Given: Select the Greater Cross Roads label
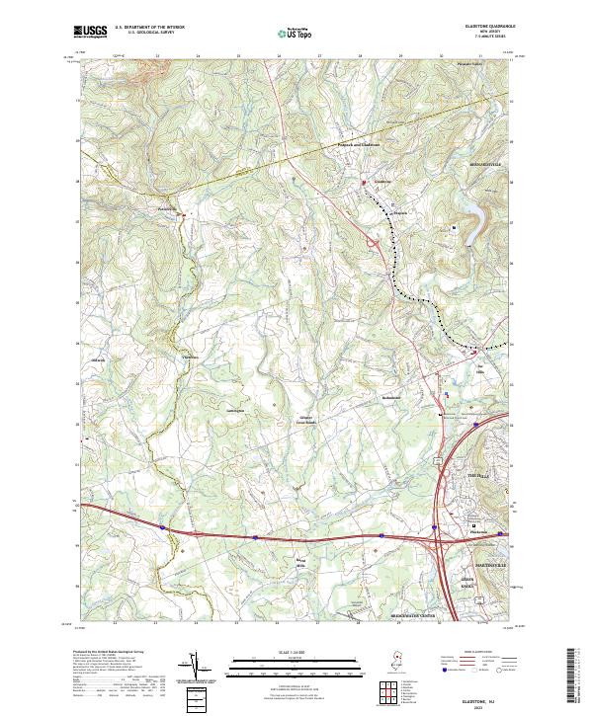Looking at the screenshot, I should [306, 419].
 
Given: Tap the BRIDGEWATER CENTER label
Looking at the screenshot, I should [411, 615].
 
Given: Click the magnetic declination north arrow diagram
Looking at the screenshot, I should [195, 671].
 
